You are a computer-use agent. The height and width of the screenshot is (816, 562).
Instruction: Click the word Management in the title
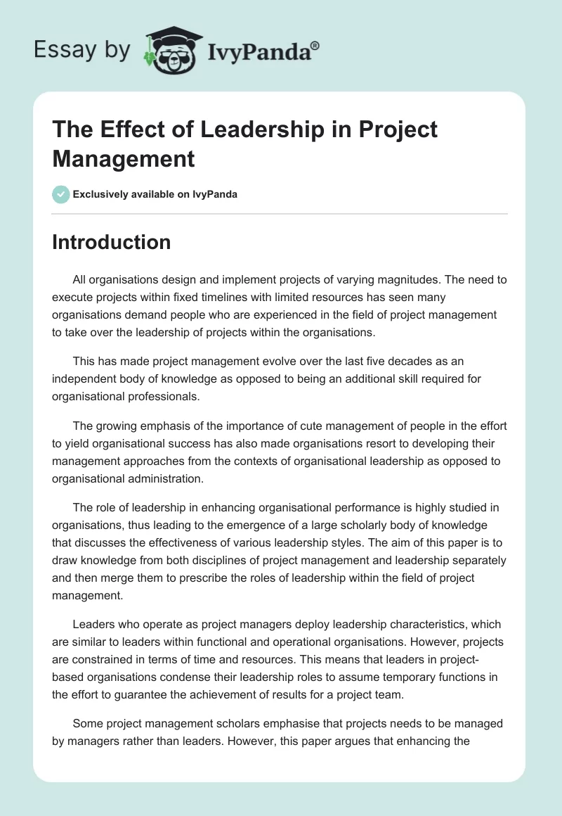tap(124, 158)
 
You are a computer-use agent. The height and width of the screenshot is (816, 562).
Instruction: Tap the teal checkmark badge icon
tap(61, 194)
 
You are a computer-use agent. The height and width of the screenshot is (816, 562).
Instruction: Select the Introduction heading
tap(112, 242)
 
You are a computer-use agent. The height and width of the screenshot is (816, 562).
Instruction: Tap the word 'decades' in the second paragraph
tap(395, 361)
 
